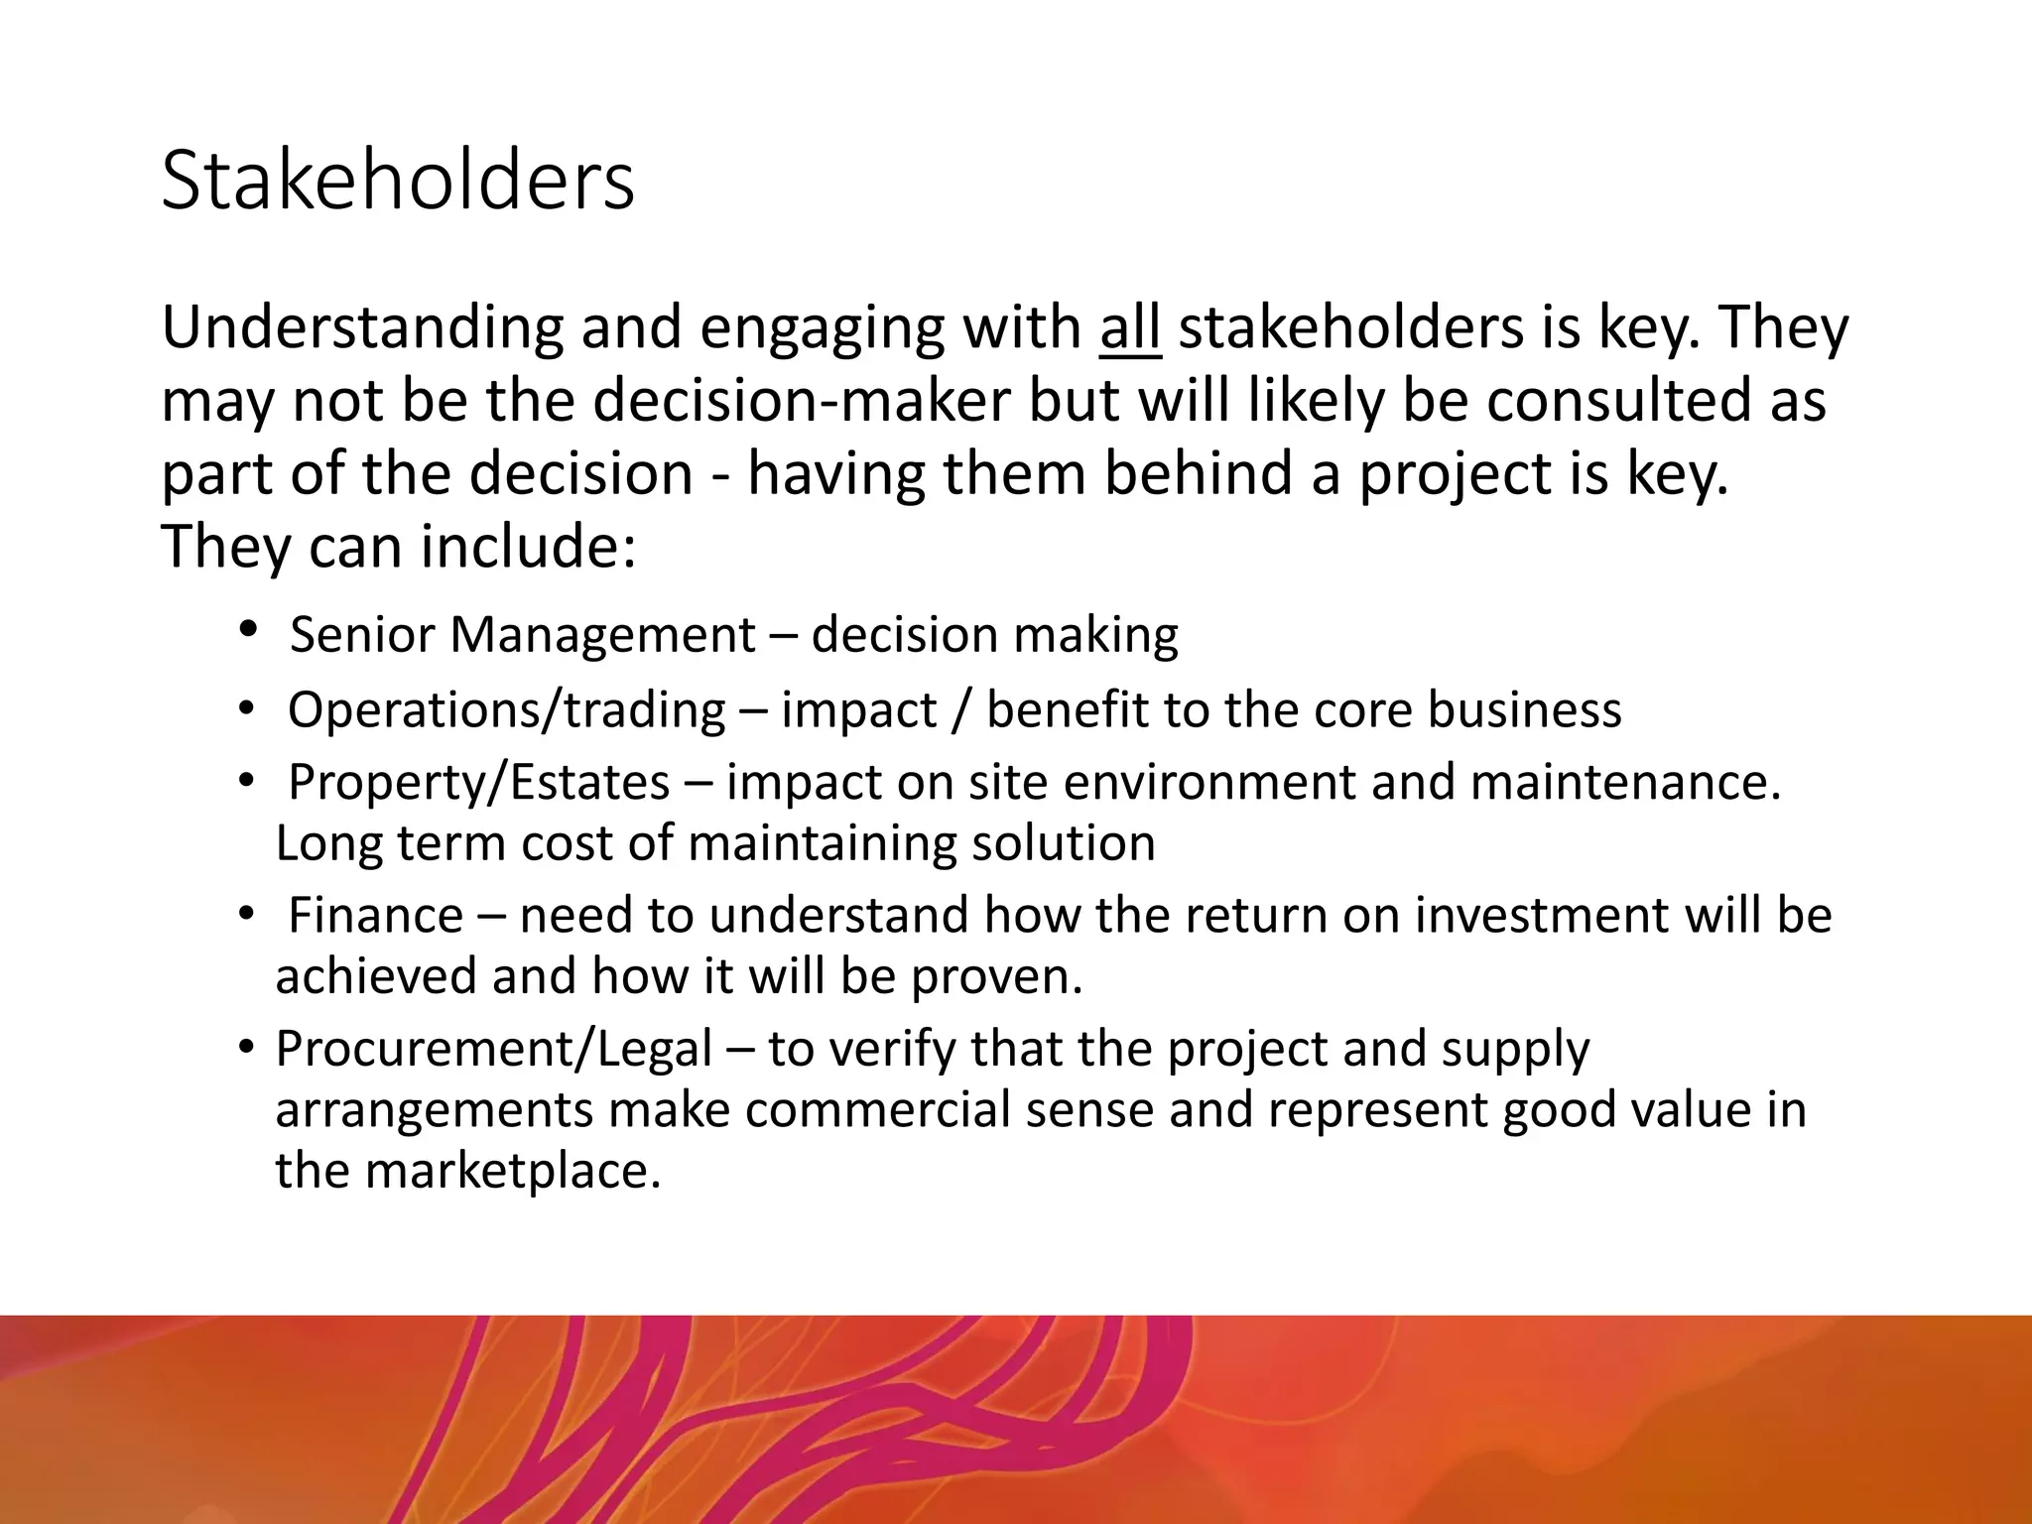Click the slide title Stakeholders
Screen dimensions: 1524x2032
click(x=397, y=181)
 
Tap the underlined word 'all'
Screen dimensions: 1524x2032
click(x=1129, y=327)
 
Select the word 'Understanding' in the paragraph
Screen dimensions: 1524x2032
click(x=361, y=327)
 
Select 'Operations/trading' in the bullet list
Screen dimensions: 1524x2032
click(x=507, y=710)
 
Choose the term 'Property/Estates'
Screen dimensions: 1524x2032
click(x=478, y=782)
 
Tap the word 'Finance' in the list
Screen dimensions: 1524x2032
click(x=375, y=915)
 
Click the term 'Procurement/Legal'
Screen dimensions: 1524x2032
click(x=494, y=1049)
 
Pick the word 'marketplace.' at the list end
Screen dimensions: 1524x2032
click(x=512, y=1171)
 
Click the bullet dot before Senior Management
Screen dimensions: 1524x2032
click(x=248, y=630)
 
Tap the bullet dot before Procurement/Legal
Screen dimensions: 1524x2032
click(x=248, y=1049)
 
